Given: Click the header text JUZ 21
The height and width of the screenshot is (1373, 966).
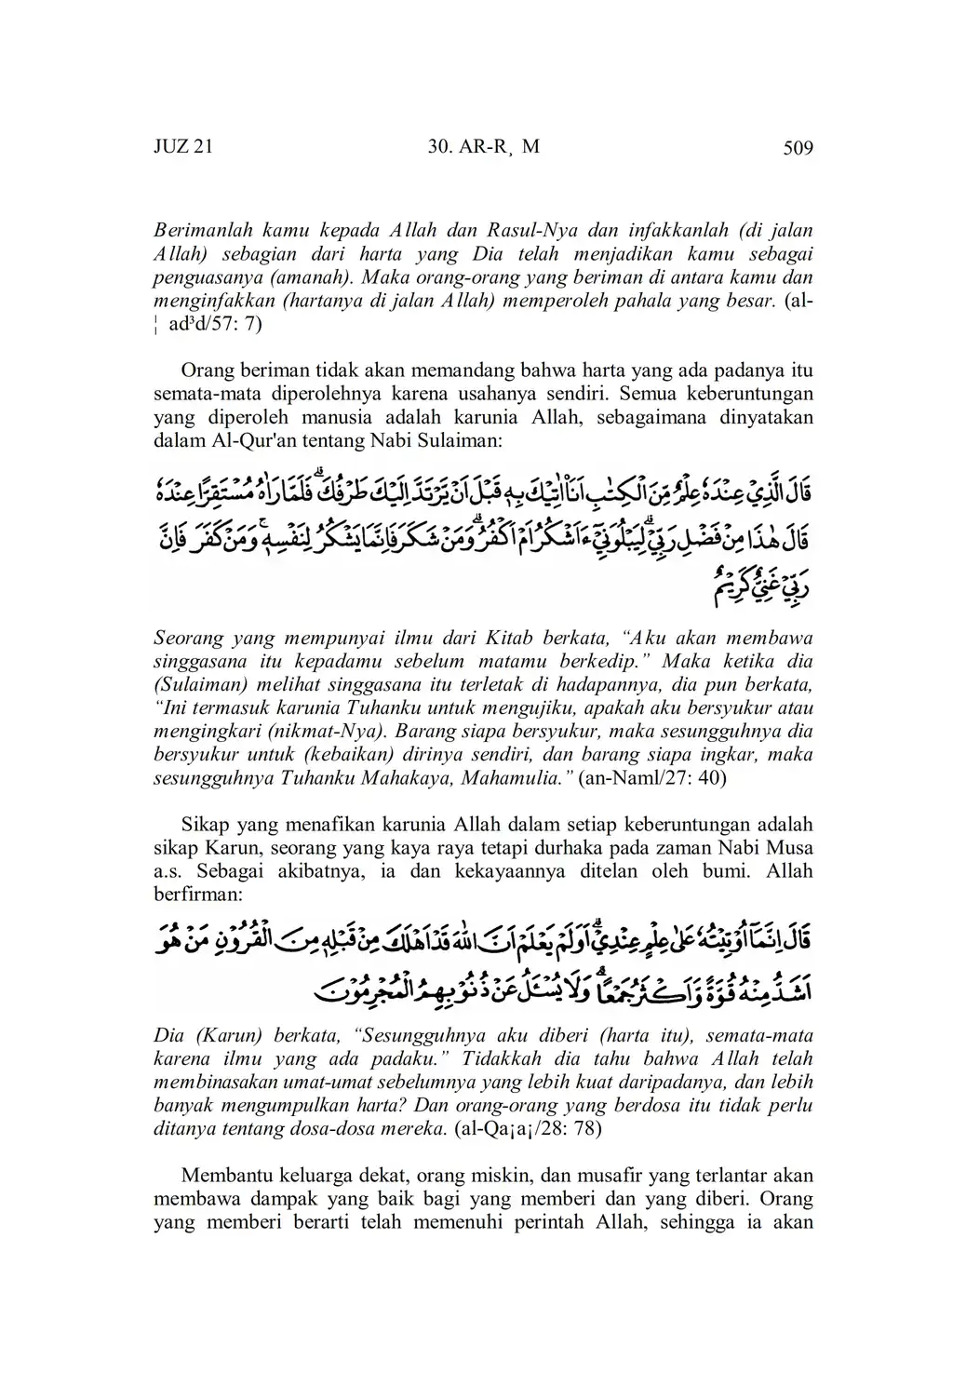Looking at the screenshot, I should pos(183,147).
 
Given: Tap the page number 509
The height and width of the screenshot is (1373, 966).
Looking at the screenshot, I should pos(798,147).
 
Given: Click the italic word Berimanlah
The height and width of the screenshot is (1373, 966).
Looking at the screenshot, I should pos(197,229).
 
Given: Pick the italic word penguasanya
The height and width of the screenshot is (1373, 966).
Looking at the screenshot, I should pos(201,277).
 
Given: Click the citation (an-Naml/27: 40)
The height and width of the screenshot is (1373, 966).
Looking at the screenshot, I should pos(651,778).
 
